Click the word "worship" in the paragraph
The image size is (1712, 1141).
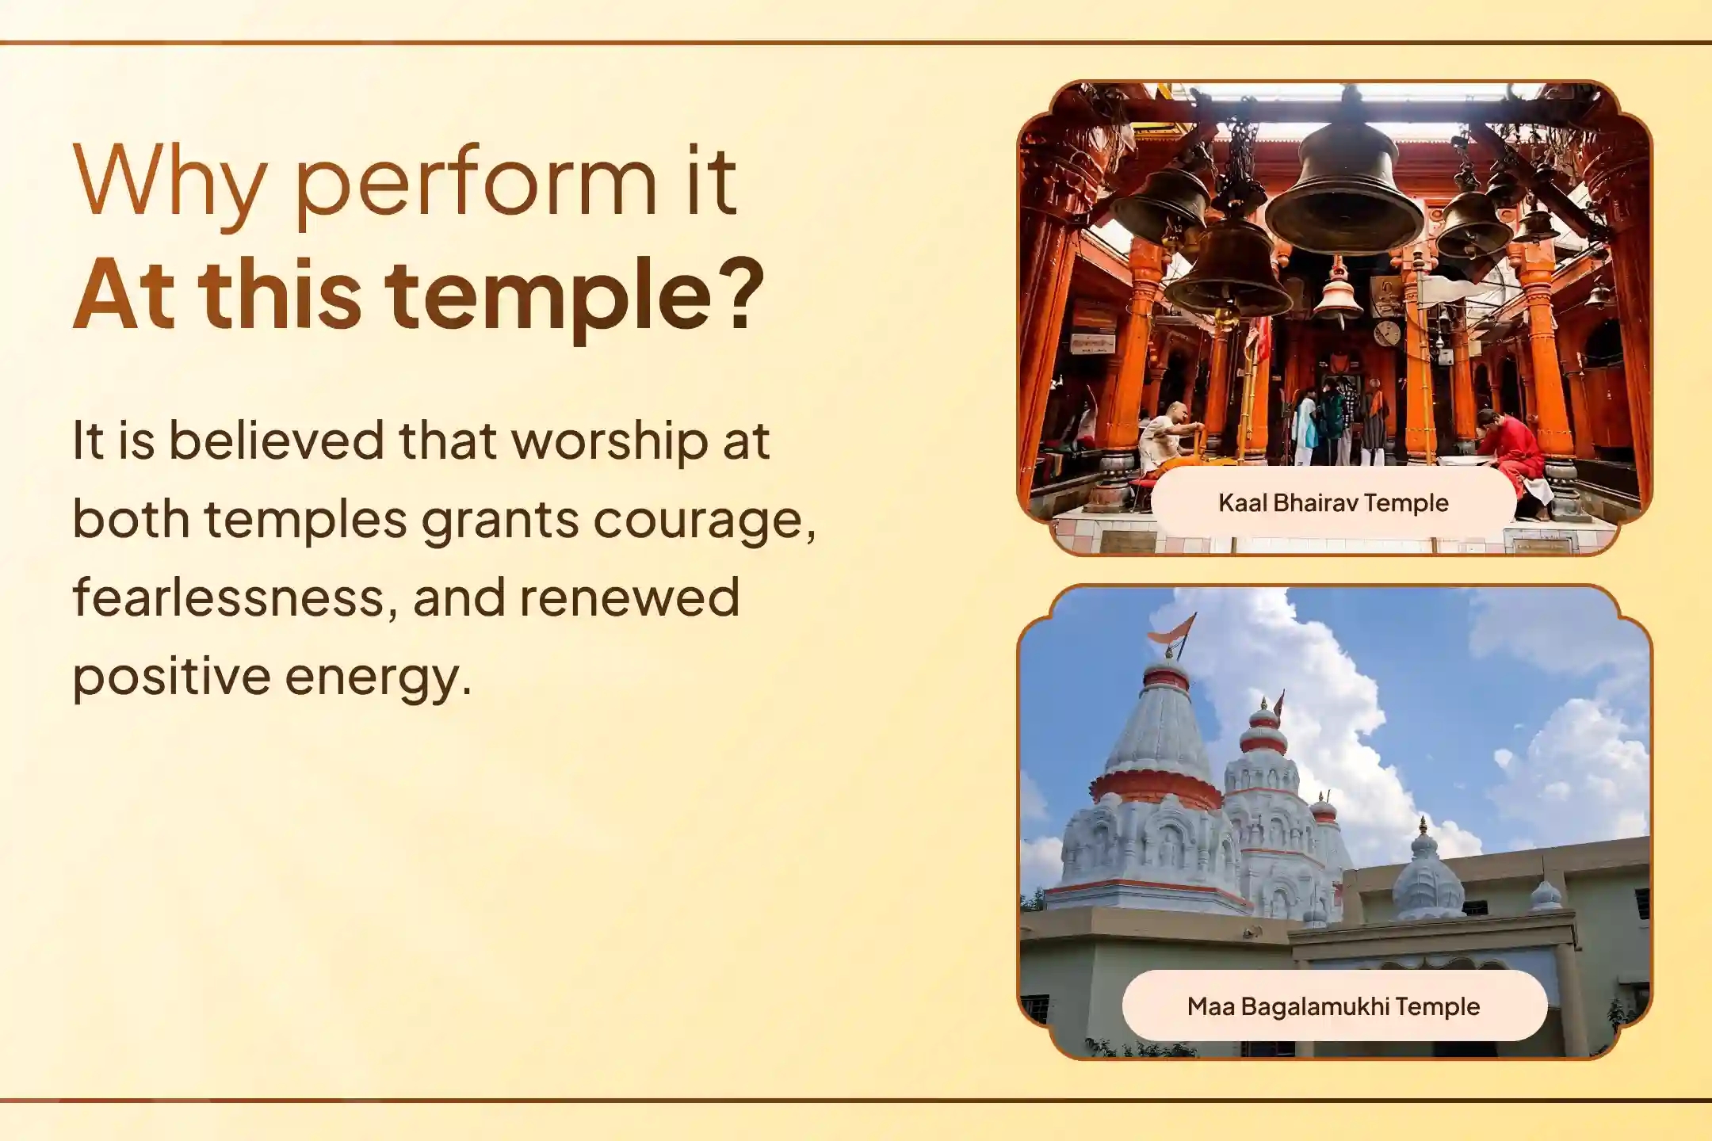[610, 442]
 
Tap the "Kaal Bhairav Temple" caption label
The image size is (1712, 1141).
[1333, 502]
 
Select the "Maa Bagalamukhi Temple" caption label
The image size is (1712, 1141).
[1333, 1006]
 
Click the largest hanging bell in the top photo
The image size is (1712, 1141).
[1343, 190]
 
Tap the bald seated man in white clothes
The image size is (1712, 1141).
[1165, 440]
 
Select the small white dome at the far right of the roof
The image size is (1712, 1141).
[1545, 895]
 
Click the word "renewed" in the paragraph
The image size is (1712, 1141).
[629, 597]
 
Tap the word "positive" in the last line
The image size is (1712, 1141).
[171, 678]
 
